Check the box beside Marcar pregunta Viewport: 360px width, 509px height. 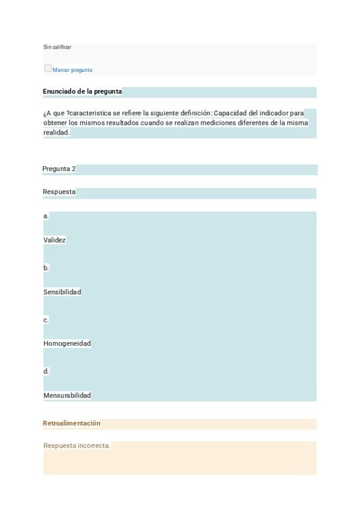pos(48,68)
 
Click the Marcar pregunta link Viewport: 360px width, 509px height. pos(73,70)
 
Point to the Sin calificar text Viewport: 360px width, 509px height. pos(58,47)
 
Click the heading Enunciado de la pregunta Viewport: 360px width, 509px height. pos(82,92)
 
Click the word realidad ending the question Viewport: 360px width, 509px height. pos(56,133)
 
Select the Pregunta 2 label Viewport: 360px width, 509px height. pos(59,169)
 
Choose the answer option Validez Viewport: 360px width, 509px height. pos(55,240)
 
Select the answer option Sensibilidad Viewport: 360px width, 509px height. pos(62,292)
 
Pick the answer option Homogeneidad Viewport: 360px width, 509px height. pos(67,344)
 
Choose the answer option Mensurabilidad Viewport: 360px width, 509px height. pos(67,396)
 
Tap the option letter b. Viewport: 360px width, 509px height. pos(46,268)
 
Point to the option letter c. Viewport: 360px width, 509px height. pos(46,320)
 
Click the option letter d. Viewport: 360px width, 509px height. pos(46,372)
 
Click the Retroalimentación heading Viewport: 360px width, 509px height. pos(71,424)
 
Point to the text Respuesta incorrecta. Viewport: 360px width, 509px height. pos(77,446)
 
